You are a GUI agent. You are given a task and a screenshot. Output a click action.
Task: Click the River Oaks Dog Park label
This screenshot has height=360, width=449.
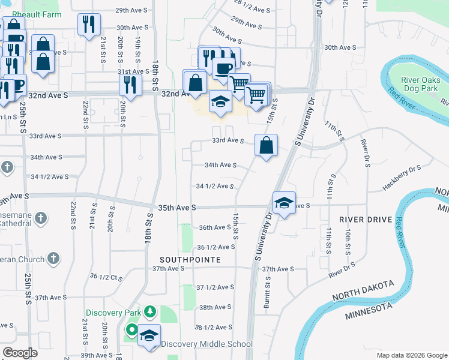pos(421,85)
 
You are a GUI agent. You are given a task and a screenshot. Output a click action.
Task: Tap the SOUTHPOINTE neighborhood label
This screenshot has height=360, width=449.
pos(190,260)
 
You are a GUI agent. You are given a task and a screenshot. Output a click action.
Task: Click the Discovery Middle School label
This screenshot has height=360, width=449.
pos(206,344)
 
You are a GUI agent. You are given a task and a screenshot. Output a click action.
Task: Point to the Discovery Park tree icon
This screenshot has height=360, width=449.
pos(149,312)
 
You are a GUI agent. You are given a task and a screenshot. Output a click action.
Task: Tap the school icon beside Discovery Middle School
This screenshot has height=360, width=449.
pos(148,336)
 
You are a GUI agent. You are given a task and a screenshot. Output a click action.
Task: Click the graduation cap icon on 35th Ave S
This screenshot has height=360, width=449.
pos(285,203)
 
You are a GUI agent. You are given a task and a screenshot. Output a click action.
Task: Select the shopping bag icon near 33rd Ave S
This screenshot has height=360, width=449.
pos(265,145)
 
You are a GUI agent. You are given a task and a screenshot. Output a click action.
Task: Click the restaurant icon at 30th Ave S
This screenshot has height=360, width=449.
pos(89,25)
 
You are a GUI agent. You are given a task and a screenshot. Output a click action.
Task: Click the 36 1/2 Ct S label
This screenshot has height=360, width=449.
pos(106,276)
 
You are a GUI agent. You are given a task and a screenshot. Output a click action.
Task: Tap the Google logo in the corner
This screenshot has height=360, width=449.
pos(20,352)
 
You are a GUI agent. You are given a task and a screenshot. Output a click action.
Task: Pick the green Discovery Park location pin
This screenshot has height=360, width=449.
pos(131,330)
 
